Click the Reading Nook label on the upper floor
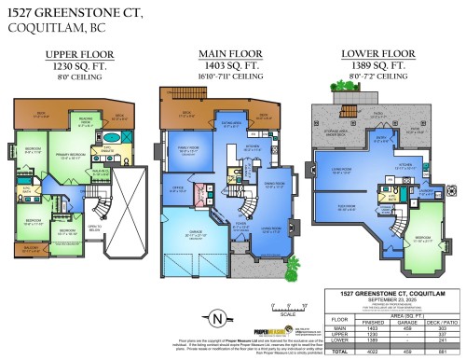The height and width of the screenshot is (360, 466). (85, 121)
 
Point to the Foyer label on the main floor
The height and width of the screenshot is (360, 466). (240, 223)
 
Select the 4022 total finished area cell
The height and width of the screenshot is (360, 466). (374, 351)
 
